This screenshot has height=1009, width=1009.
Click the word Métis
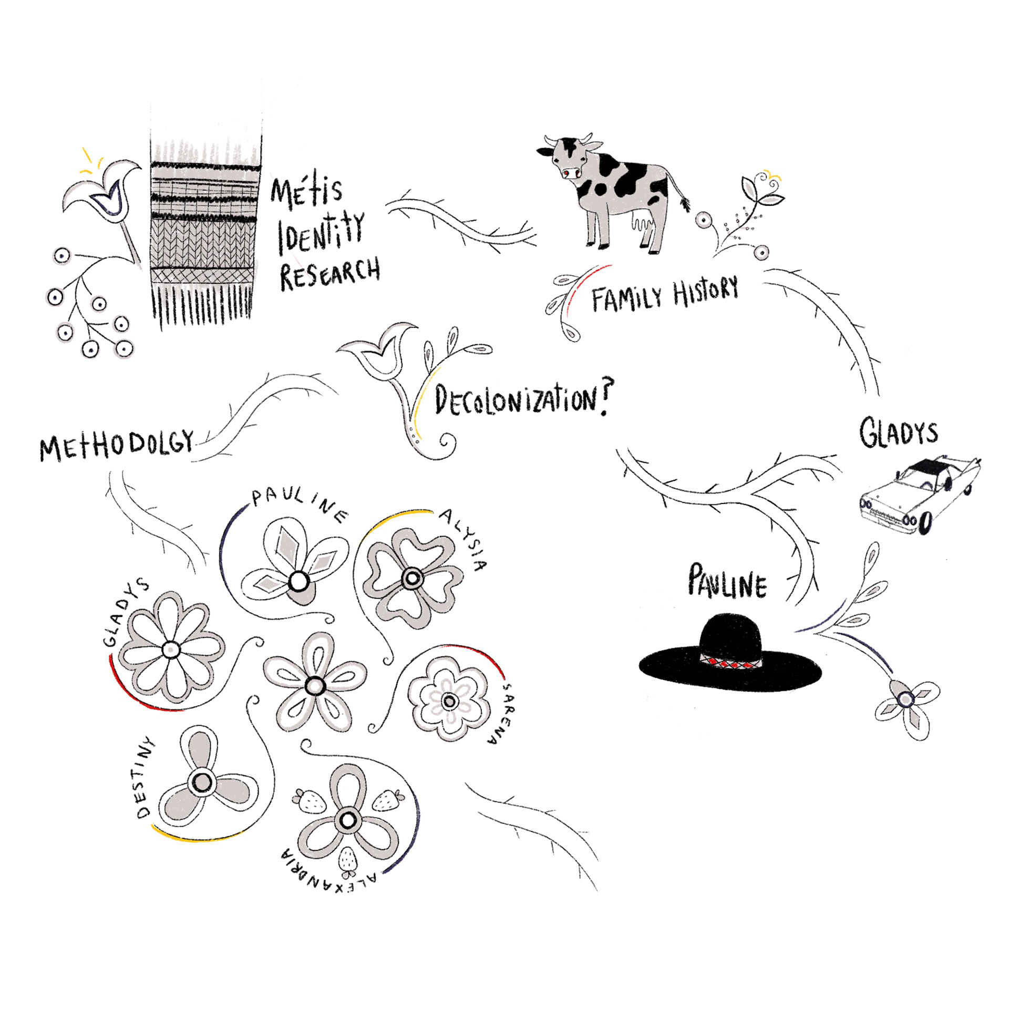[x=306, y=192]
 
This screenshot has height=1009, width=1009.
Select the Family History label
[x=665, y=294]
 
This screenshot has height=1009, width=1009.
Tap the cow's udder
[x=642, y=223]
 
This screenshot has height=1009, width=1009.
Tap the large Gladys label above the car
[x=899, y=434]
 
